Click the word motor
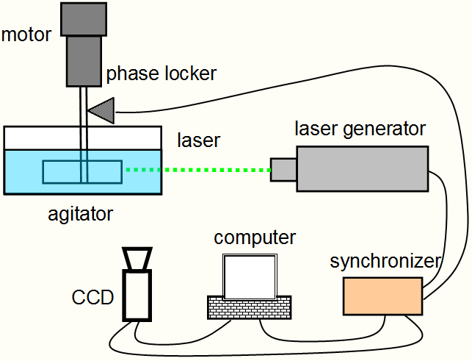coord(26,35)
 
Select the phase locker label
coord(161,74)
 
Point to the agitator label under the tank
coord(81,215)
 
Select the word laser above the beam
coord(199,139)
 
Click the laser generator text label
coord(360,129)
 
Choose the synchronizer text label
coord(385,261)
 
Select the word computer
coord(255,237)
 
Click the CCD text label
coord(93,298)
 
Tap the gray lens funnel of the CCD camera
coord(137,259)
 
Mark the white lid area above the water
coord(81,137)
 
